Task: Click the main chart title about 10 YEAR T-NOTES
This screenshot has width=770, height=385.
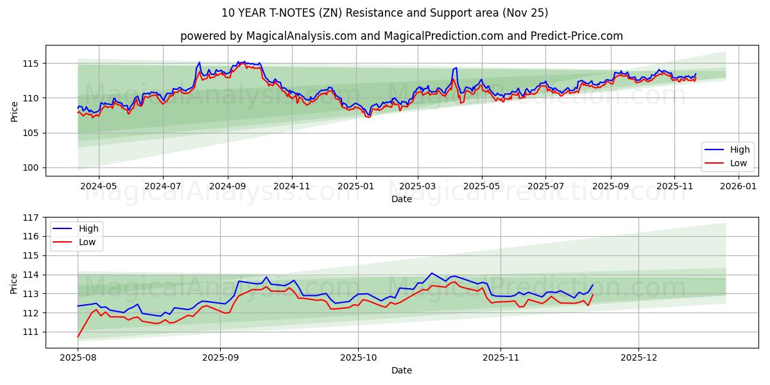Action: point(384,13)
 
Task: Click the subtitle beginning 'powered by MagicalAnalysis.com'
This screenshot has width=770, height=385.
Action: point(401,36)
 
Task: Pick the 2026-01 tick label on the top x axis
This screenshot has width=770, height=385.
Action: point(739,186)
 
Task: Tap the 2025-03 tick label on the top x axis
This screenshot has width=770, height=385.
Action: point(418,186)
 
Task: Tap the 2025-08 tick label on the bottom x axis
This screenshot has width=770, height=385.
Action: point(78,358)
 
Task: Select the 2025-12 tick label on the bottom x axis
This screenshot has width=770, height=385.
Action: point(639,358)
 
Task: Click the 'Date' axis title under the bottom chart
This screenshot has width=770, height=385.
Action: point(401,371)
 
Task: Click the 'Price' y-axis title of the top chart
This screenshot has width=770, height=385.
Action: point(14,111)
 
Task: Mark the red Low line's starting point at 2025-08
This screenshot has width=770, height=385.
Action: point(78,337)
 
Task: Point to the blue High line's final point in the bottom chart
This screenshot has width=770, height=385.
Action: point(592,285)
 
